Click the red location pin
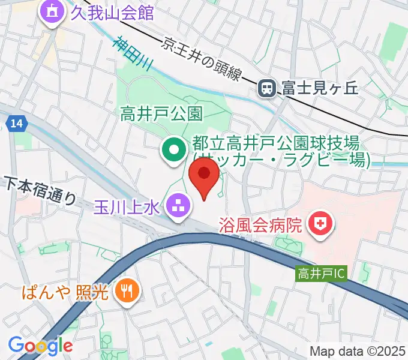pos(204,176)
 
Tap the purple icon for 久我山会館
pos(52,13)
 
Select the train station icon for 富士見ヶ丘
pos(266,89)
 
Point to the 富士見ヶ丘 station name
pos(318,89)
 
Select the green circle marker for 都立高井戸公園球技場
pos(174,151)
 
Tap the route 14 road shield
pos(17,123)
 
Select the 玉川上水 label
pos(126,207)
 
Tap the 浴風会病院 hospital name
pos(262,226)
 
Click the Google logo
pos(40,345)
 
